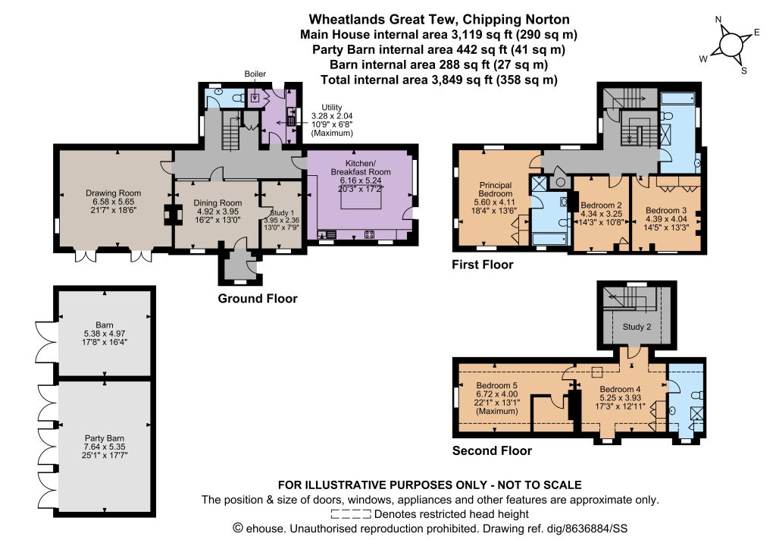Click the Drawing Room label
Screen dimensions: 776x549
coord(114,193)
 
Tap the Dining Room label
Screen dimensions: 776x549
coord(217,203)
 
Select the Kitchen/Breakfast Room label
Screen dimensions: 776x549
coord(360,168)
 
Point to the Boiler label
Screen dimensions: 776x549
coord(255,74)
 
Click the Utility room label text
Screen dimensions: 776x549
coord(332,108)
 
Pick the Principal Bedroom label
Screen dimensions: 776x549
coord(496,190)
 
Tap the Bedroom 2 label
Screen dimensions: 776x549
coord(601,205)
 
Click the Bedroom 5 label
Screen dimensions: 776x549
coord(497,386)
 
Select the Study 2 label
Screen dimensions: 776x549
coord(637,327)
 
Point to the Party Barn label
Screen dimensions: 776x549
coord(105,438)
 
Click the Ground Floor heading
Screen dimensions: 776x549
coord(258,299)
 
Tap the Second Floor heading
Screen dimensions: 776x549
coord(492,450)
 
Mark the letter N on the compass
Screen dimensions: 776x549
coord(718,20)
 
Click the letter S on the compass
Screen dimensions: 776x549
coord(744,71)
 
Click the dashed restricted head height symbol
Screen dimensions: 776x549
coord(351,514)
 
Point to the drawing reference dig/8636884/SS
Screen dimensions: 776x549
coord(587,529)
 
